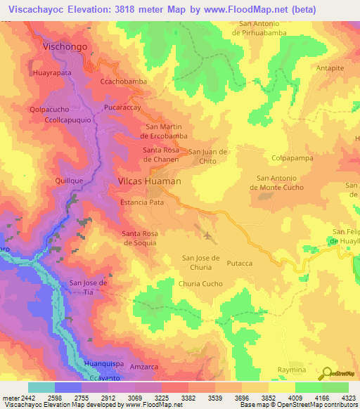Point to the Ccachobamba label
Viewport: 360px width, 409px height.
123,82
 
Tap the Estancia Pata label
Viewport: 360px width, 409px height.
142,202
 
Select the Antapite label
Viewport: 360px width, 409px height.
330,68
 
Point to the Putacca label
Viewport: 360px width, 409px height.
239,263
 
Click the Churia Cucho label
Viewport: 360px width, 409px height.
200,284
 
